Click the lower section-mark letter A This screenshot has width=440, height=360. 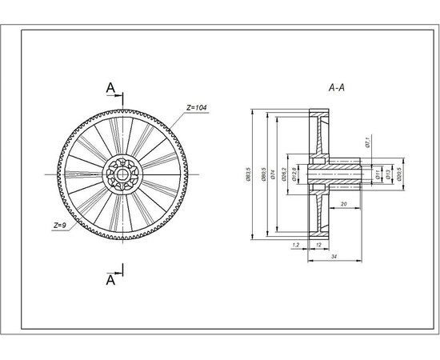click(x=111, y=280)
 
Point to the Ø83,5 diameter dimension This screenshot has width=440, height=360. click(x=250, y=174)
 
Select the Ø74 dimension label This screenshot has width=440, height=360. click(x=273, y=174)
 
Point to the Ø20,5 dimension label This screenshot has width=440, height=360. click(x=400, y=174)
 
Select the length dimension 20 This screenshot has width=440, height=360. click(x=342, y=204)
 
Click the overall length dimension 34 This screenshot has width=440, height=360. click(x=333, y=256)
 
